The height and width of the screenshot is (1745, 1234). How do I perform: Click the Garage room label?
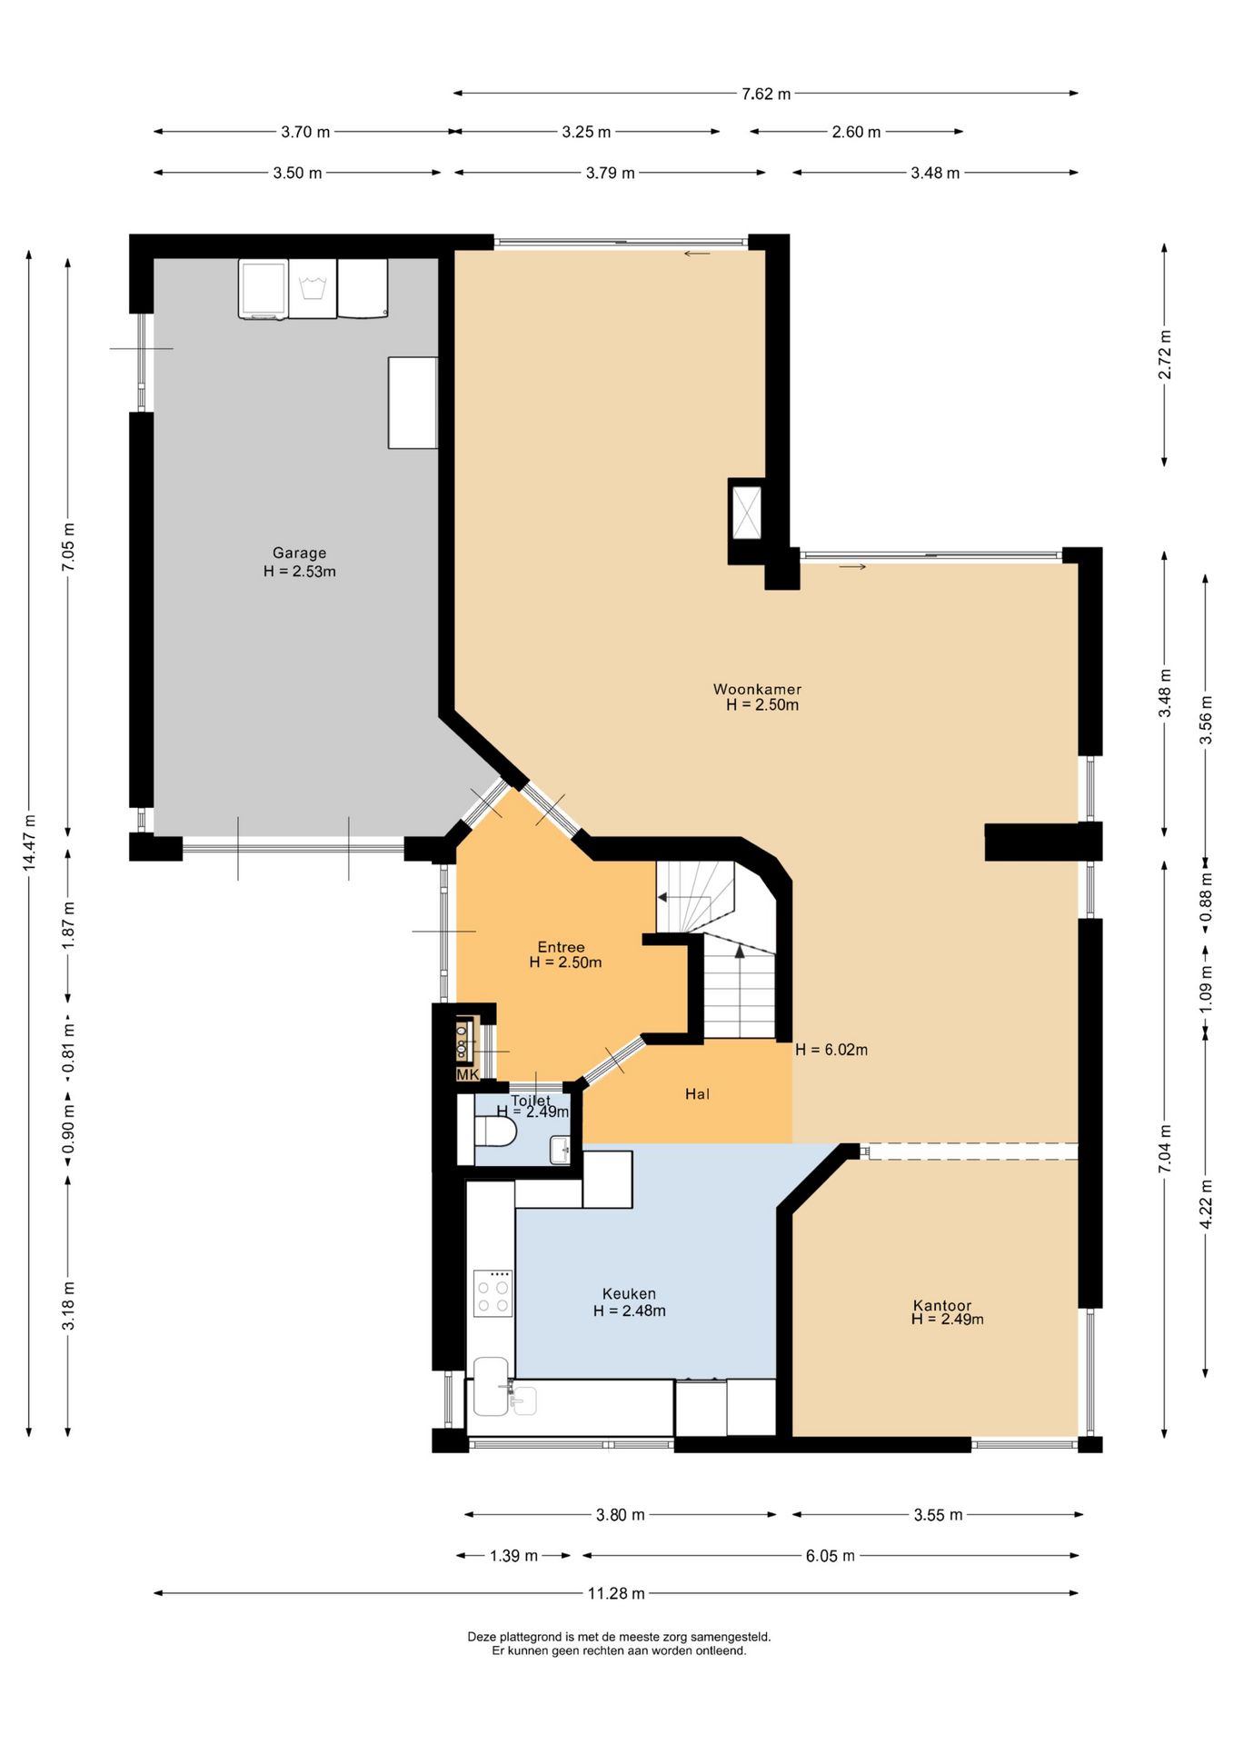(299, 553)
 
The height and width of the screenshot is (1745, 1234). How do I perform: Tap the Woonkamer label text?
(757, 689)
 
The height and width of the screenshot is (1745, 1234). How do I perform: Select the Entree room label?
(561, 947)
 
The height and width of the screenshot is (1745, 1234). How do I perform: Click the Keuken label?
(629, 1293)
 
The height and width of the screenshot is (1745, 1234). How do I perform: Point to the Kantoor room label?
(942, 1305)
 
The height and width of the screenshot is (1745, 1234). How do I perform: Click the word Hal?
(697, 1094)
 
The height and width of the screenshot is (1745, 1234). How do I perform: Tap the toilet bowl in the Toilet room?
(495, 1132)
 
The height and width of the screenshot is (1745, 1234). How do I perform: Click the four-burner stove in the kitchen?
(493, 1293)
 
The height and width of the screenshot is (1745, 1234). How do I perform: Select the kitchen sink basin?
(492, 1386)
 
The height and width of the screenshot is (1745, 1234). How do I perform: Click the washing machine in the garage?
(313, 288)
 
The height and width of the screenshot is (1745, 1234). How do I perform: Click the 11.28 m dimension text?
(616, 1593)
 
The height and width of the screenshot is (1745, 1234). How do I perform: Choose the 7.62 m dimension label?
(766, 94)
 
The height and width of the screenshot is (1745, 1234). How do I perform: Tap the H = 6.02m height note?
(831, 1050)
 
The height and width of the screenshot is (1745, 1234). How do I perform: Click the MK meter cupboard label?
(467, 1075)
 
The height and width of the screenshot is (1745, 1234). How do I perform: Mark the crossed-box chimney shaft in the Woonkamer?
(746, 514)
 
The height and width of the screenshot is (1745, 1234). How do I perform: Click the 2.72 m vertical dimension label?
(1165, 355)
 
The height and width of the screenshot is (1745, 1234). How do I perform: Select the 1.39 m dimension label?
(513, 1556)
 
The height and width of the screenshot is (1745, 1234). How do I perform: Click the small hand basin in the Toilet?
(560, 1151)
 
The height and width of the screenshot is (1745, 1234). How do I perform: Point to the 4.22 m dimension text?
(1206, 1205)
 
